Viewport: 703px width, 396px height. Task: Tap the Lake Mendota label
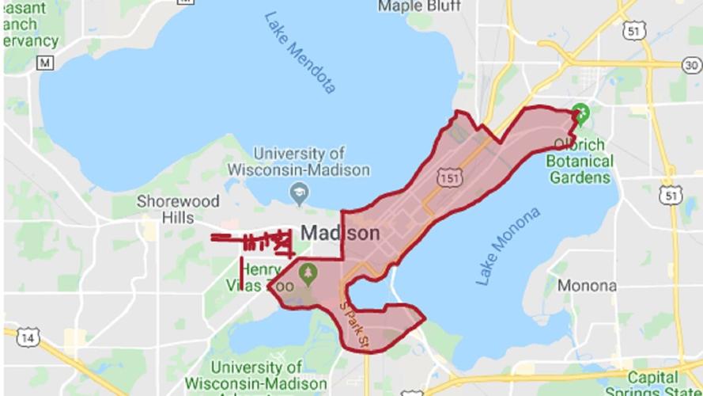click(x=300, y=51)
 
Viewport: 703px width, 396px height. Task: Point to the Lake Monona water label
click(x=508, y=246)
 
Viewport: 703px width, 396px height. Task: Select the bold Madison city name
click(x=341, y=234)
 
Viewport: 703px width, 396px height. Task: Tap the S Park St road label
click(x=353, y=324)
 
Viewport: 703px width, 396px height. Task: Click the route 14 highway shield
click(x=29, y=338)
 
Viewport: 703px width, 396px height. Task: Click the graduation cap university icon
click(x=299, y=192)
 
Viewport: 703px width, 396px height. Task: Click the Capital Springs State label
click(x=653, y=383)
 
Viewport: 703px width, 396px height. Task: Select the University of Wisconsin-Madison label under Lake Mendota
click(x=298, y=161)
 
